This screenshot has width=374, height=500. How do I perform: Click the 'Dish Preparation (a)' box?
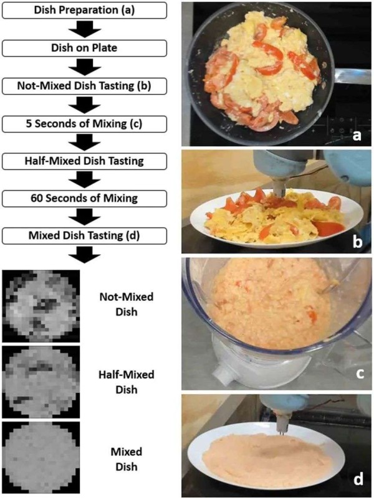[x=84, y=10]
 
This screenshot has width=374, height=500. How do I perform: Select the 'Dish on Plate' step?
[x=84, y=48]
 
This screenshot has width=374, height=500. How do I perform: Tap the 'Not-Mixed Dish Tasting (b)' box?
[x=84, y=86]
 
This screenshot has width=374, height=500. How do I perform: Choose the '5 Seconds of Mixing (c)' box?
[x=84, y=124]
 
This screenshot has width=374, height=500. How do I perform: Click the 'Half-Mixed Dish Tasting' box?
[x=84, y=161]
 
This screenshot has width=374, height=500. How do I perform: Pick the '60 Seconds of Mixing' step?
[x=84, y=199]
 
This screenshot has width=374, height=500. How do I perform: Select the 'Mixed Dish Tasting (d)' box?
[x=84, y=236]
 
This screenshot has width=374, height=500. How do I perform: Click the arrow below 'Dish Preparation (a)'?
[x=85, y=29]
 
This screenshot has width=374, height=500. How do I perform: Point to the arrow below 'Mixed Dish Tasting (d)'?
[x=85, y=255]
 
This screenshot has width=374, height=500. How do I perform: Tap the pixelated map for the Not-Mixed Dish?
[x=41, y=306]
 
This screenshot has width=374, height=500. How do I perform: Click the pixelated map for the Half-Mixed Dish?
[x=41, y=382]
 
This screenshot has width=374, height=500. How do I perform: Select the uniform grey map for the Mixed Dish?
[x=41, y=458]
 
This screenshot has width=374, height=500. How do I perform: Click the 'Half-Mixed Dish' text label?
[x=127, y=382]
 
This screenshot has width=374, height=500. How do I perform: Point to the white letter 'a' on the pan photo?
[x=357, y=135]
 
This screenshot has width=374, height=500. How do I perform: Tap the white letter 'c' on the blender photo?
[x=360, y=373]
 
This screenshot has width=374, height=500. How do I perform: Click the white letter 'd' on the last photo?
[x=358, y=478]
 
